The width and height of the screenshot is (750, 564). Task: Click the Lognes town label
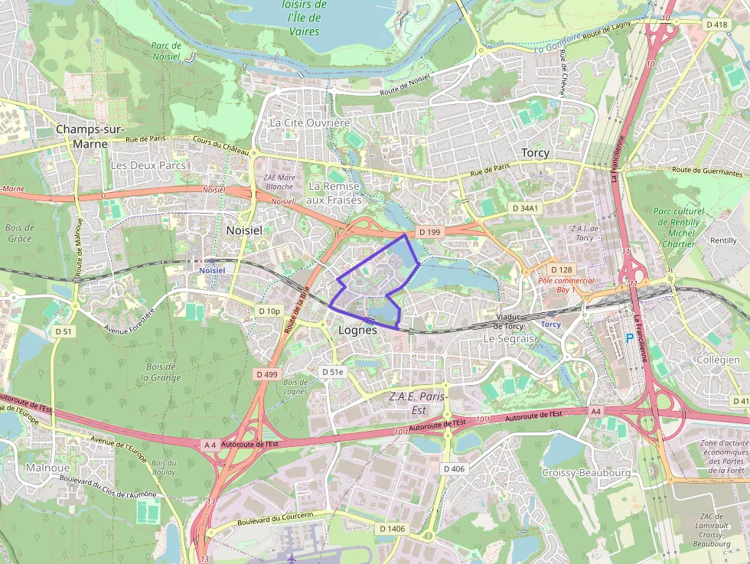click(357, 331)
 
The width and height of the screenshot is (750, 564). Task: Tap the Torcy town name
click(535, 152)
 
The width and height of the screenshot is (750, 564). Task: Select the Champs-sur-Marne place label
click(90, 136)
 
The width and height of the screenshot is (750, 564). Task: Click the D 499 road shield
click(267, 374)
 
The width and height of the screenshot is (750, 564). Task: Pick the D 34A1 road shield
click(525, 208)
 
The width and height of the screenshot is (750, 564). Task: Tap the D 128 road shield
click(561, 269)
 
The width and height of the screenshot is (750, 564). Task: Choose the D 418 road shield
click(717, 24)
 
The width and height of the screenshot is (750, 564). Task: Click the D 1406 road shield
click(392, 528)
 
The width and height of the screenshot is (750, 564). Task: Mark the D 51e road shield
click(333, 372)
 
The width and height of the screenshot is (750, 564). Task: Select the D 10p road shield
click(269, 311)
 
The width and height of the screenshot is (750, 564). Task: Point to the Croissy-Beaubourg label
click(586, 473)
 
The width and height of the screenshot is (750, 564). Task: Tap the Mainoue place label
click(47, 468)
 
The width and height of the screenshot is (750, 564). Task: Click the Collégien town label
click(718, 360)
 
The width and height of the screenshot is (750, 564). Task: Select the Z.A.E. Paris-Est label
click(418, 403)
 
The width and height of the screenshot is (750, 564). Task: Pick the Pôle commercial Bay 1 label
click(566, 285)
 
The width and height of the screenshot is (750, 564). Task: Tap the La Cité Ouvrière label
click(310, 122)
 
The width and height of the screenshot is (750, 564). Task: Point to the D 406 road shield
click(454, 468)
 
